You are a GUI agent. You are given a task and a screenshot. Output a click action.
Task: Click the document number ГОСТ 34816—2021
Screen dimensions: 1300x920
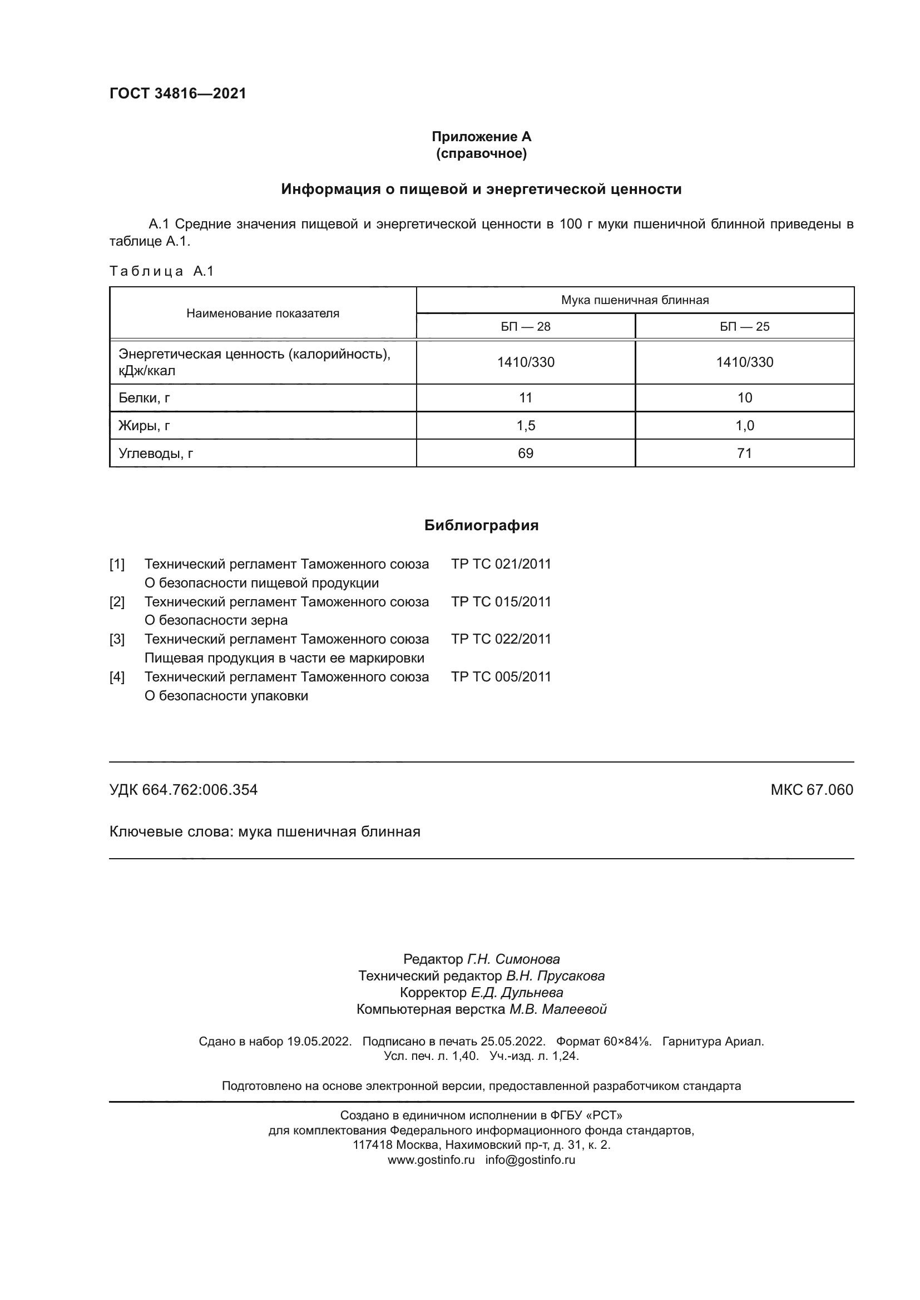click(178, 93)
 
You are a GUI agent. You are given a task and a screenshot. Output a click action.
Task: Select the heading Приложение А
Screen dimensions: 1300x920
click(481, 137)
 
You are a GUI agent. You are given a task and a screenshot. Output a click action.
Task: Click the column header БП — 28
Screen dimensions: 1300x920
click(525, 327)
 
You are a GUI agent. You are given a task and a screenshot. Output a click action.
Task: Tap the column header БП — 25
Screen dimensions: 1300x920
click(744, 327)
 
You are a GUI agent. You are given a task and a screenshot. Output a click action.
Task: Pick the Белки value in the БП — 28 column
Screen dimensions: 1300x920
click(525, 398)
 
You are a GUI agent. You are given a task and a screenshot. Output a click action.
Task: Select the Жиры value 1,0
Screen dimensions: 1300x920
click(744, 426)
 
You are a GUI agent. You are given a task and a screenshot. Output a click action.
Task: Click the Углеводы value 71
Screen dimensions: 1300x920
click(744, 453)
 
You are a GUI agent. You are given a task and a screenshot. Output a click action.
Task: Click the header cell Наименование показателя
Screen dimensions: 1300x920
click(263, 313)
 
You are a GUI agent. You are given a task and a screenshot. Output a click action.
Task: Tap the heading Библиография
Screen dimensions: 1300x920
click(481, 525)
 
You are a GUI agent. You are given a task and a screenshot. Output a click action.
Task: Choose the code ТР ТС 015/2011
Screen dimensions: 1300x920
click(501, 602)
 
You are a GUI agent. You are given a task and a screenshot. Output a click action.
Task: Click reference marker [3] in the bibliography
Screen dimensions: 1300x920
click(117, 639)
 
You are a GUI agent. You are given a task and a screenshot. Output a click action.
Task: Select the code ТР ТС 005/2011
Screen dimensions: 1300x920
click(501, 676)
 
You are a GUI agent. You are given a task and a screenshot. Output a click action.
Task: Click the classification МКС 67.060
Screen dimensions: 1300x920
click(811, 790)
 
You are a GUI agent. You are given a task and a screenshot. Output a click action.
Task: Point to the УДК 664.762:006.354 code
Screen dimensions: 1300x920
click(183, 790)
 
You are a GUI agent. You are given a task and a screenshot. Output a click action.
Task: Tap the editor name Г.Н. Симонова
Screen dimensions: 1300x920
click(513, 959)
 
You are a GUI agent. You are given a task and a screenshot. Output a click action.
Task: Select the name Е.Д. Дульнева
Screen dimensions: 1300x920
click(517, 992)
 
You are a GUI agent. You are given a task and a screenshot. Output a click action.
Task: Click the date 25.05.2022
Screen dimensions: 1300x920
click(513, 1041)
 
